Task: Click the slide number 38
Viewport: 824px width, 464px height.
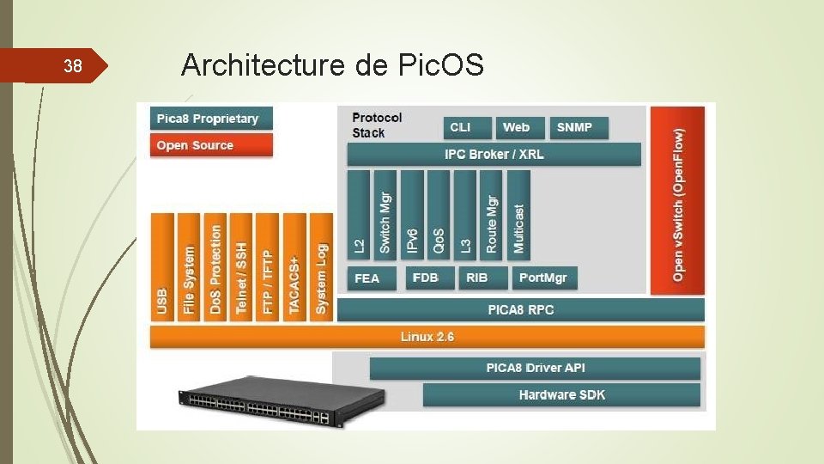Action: (74, 65)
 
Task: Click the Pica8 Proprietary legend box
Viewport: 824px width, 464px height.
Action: (211, 119)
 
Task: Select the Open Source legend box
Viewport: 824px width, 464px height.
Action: (211, 145)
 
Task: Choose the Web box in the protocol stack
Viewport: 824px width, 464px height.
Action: (518, 127)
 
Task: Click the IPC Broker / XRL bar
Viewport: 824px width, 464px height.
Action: (494, 155)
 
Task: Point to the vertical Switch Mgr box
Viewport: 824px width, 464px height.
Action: (386, 214)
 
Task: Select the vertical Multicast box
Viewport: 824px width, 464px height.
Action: (519, 214)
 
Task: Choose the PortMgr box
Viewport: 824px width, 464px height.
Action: (544, 278)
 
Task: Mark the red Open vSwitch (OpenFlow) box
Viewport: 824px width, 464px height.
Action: (677, 200)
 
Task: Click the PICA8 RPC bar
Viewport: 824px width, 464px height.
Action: (520, 310)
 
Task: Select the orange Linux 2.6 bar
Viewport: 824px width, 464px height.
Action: (427, 337)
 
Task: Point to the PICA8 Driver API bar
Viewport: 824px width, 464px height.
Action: (535, 369)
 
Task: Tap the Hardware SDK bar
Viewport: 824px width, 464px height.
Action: (561, 395)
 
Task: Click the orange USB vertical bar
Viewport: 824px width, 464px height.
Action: (162, 266)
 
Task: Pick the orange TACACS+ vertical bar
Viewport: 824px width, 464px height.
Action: (294, 266)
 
